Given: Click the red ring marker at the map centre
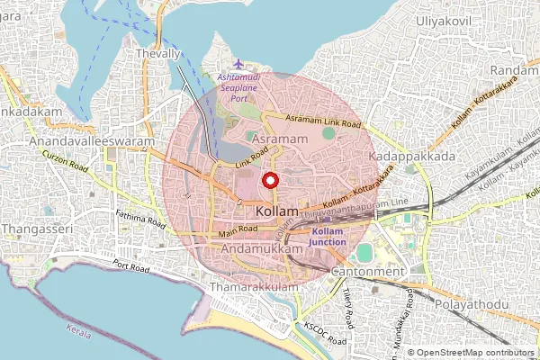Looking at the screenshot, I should (270, 180).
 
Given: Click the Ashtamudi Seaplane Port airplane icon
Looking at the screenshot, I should (238, 64).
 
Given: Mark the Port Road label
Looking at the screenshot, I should (132, 268).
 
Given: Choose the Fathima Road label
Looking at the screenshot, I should (142, 219).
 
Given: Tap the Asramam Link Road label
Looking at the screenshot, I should (324, 121).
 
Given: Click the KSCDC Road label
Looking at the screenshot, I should (325, 334).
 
